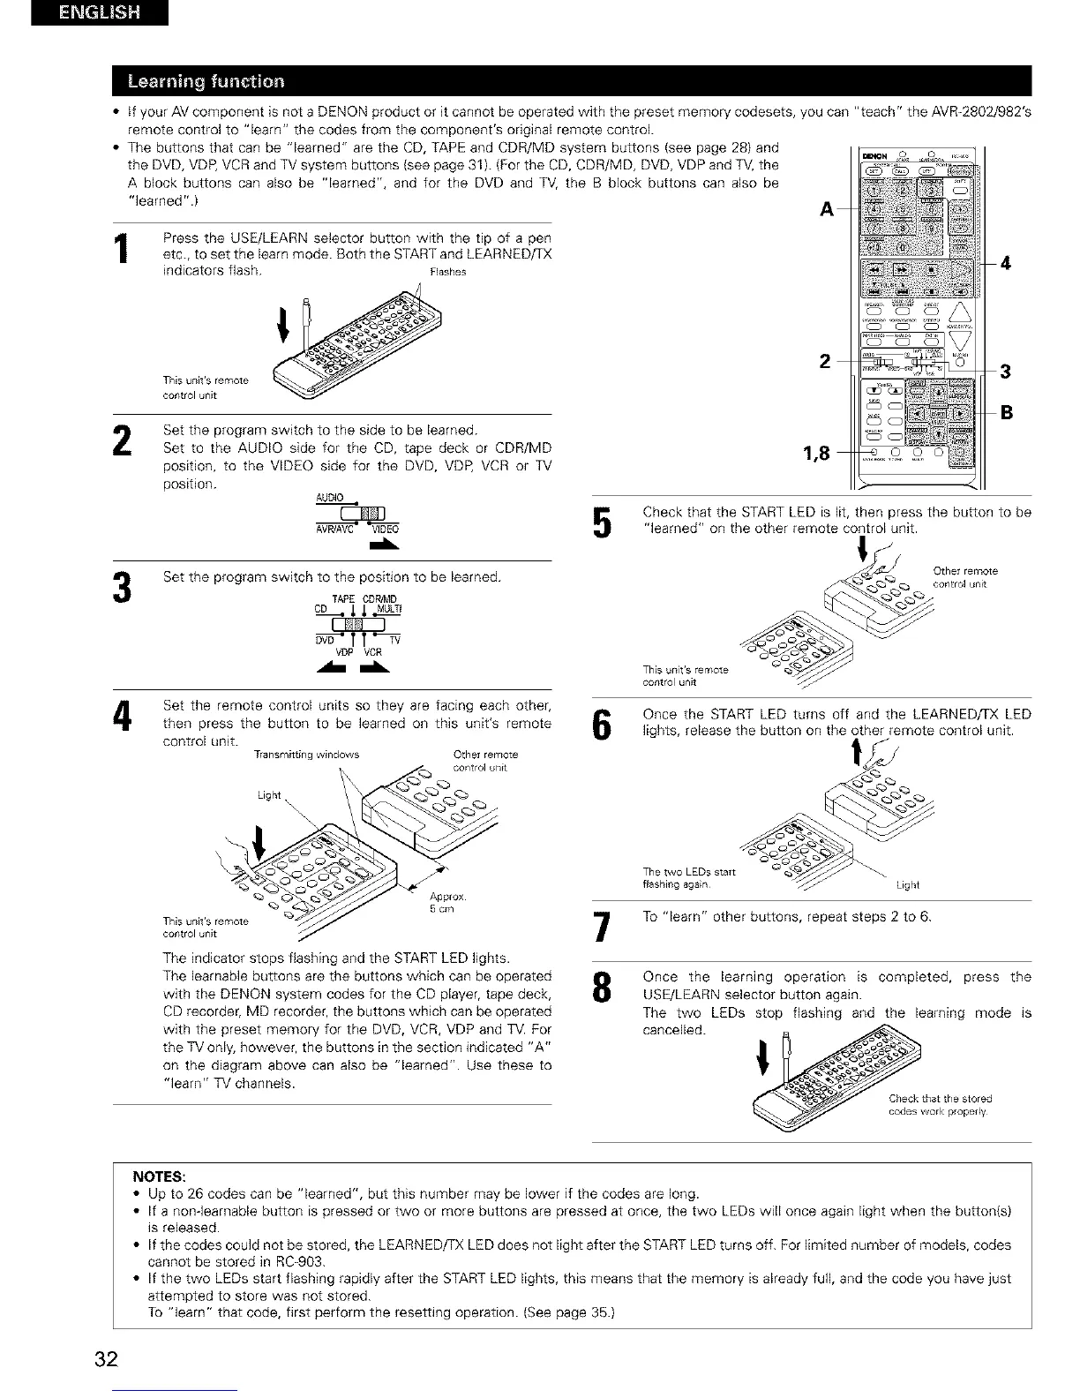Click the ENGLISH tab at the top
(x=98, y=14)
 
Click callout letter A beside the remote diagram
(x=826, y=211)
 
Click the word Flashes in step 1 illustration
(x=447, y=273)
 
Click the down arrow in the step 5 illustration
(x=861, y=554)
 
